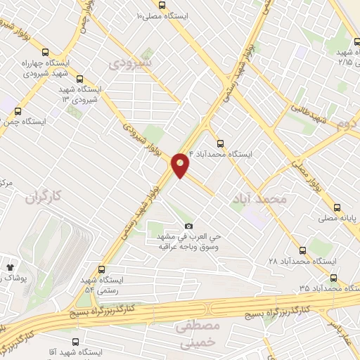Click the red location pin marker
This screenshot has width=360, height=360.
click(180, 165)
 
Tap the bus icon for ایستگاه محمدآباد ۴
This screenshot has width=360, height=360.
click(220, 143)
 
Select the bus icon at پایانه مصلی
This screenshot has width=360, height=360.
click(337, 207)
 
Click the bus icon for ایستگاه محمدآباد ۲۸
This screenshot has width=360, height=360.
click(303, 250)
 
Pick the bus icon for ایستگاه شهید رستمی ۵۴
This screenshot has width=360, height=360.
click(102, 269)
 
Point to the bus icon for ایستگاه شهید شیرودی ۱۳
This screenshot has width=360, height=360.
click(79, 79)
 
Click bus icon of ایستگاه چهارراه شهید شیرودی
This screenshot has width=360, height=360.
click(46, 51)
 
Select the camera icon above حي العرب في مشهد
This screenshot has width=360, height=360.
click(188, 226)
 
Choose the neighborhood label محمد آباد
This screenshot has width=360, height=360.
click(259, 200)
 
